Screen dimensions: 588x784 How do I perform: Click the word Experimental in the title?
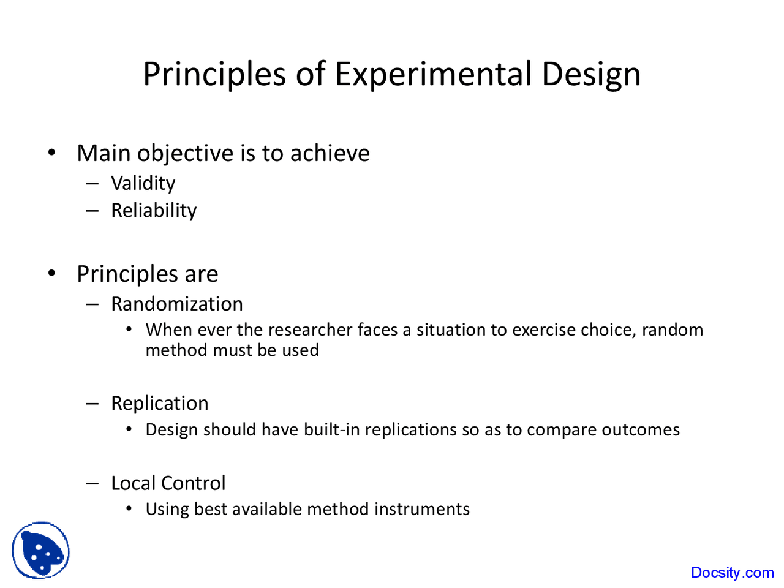(x=433, y=74)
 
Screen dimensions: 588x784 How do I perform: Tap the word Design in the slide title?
(x=591, y=74)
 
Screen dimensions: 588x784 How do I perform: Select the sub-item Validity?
(x=143, y=183)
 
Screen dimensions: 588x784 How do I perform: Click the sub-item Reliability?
(x=154, y=210)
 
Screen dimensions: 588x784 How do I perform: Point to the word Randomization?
(x=176, y=304)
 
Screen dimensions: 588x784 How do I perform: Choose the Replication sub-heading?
(x=159, y=403)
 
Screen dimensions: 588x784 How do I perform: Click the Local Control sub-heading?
(x=168, y=483)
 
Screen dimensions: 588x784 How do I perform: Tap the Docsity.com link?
(x=732, y=572)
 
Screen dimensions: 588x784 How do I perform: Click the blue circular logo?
(x=40, y=550)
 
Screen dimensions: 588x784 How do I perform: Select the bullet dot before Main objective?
(x=52, y=153)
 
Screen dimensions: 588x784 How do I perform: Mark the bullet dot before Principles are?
(x=52, y=273)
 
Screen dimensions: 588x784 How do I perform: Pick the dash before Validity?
(x=92, y=183)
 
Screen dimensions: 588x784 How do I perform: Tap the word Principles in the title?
(x=214, y=74)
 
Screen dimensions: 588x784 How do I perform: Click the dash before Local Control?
(x=92, y=483)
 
